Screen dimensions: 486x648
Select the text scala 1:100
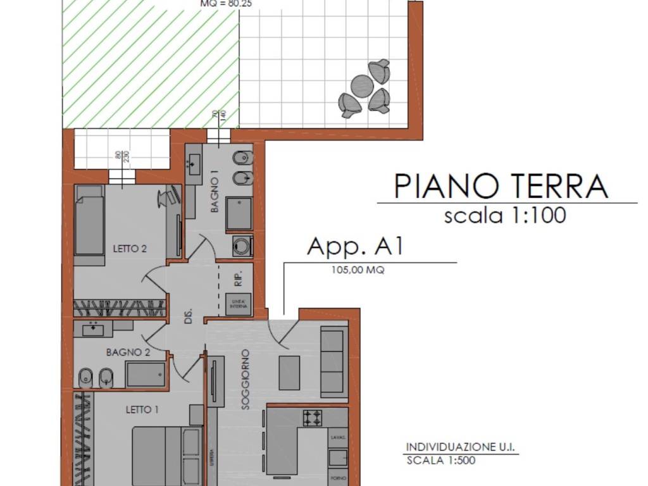(x=505, y=216)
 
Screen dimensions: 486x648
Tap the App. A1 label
(x=355, y=246)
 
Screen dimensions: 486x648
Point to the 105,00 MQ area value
(x=358, y=270)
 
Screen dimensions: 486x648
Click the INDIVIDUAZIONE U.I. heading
(x=461, y=447)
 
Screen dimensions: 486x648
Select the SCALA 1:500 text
(x=440, y=460)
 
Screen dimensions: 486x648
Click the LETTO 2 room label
(x=130, y=249)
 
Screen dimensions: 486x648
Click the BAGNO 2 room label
(x=128, y=352)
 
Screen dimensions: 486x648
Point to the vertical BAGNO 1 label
(x=215, y=195)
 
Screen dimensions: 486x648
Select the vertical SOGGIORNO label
(x=246, y=380)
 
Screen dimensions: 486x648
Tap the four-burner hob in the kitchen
(x=313, y=418)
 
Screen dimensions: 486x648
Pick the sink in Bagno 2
(x=94, y=328)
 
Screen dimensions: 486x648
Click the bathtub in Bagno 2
(x=145, y=374)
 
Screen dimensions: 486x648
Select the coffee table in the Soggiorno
(x=289, y=373)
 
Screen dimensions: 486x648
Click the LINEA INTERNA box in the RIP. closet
(x=239, y=304)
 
